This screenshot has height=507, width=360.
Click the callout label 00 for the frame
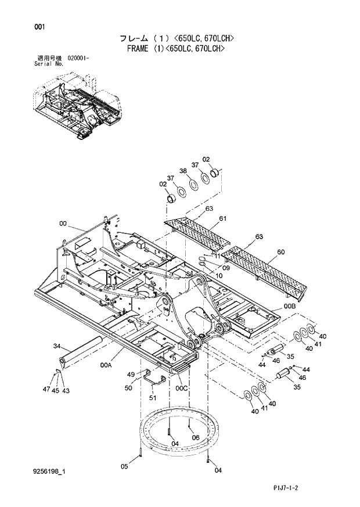click(x=63, y=223)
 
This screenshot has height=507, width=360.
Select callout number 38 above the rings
click(x=182, y=171)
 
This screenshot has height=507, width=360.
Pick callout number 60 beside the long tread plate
click(x=280, y=252)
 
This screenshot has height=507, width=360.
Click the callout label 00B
click(x=289, y=306)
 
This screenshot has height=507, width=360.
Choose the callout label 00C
click(x=182, y=387)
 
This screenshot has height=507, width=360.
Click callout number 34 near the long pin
click(x=57, y=346)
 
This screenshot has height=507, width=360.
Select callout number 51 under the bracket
click(x=153, y=398)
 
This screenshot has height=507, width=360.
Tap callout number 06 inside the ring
click(x=195, y=437)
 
